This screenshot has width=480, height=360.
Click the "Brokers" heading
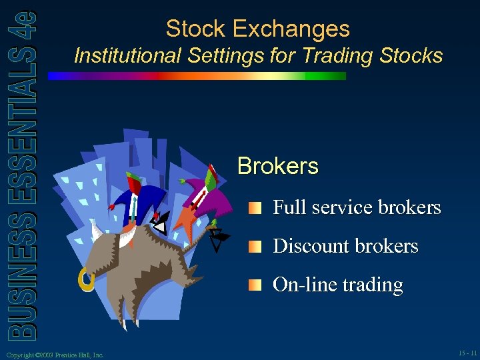[x=278, y=165]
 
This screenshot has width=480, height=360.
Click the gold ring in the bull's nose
[x=85, y=280]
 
